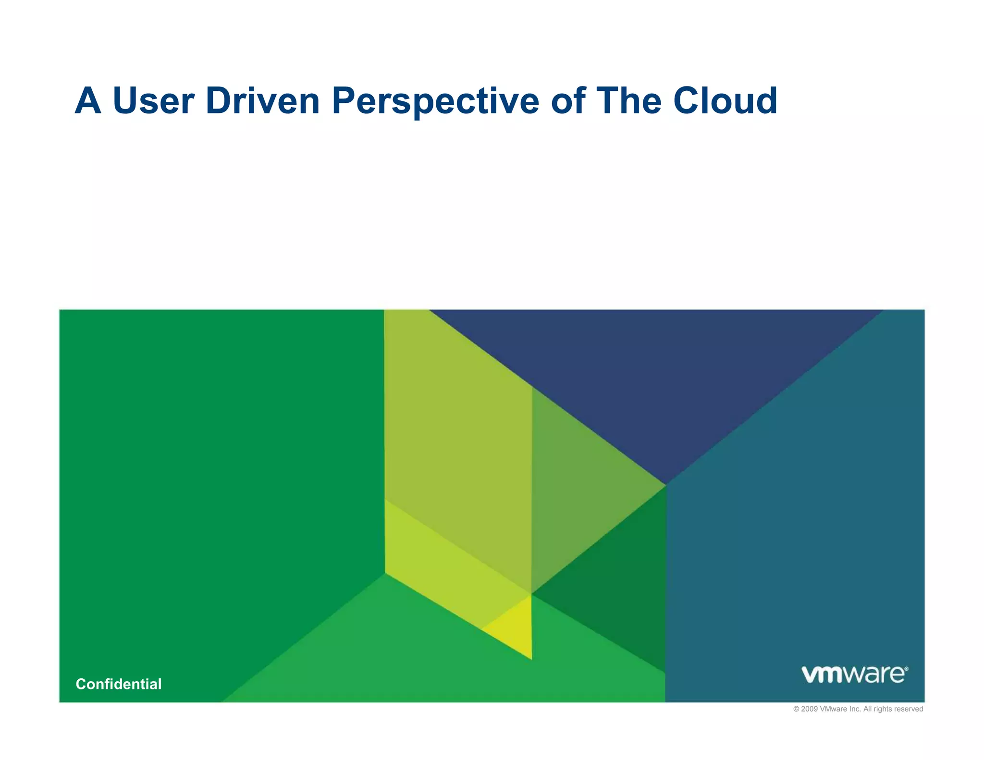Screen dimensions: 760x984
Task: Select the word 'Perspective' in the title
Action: tap(435, 101)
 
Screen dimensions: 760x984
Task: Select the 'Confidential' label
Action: tap(119, 684)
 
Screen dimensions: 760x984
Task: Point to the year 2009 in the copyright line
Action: tap(809, 709)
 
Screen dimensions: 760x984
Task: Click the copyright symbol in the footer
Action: tap(796, 709)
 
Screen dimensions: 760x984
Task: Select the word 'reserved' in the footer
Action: tap(909, 709)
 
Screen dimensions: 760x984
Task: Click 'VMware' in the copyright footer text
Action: tap(834, 709)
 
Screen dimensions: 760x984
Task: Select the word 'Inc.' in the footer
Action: tap(855, 709)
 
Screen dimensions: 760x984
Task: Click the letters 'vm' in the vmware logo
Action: tap(823, 674)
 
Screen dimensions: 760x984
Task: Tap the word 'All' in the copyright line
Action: tap(868, 709)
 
